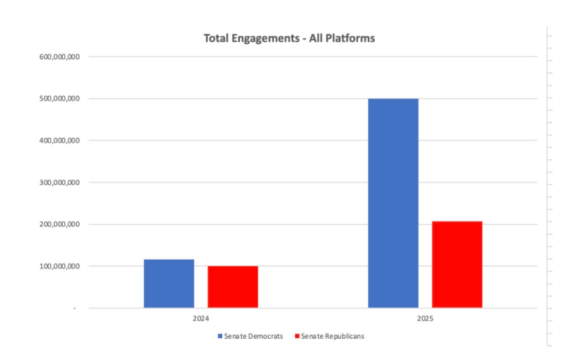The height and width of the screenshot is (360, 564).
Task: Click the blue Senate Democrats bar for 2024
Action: [169, 283]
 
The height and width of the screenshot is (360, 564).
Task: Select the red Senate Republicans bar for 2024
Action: [232, 287]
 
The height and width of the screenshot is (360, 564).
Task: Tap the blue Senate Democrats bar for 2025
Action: [393, 203]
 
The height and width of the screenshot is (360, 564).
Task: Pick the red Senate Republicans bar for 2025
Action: [457, 265]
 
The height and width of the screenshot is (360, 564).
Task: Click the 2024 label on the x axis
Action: [201, 319]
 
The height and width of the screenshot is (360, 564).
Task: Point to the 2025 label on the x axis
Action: [425, 319]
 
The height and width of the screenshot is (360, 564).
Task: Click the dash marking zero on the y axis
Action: [74, 309]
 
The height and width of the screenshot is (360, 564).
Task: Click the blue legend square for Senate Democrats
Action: [220, 336]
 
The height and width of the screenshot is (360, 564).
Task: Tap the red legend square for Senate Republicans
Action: [297, 336]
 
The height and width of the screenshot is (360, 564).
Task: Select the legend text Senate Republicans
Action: [333, 336]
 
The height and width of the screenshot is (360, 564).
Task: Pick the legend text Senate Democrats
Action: [254, 336]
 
